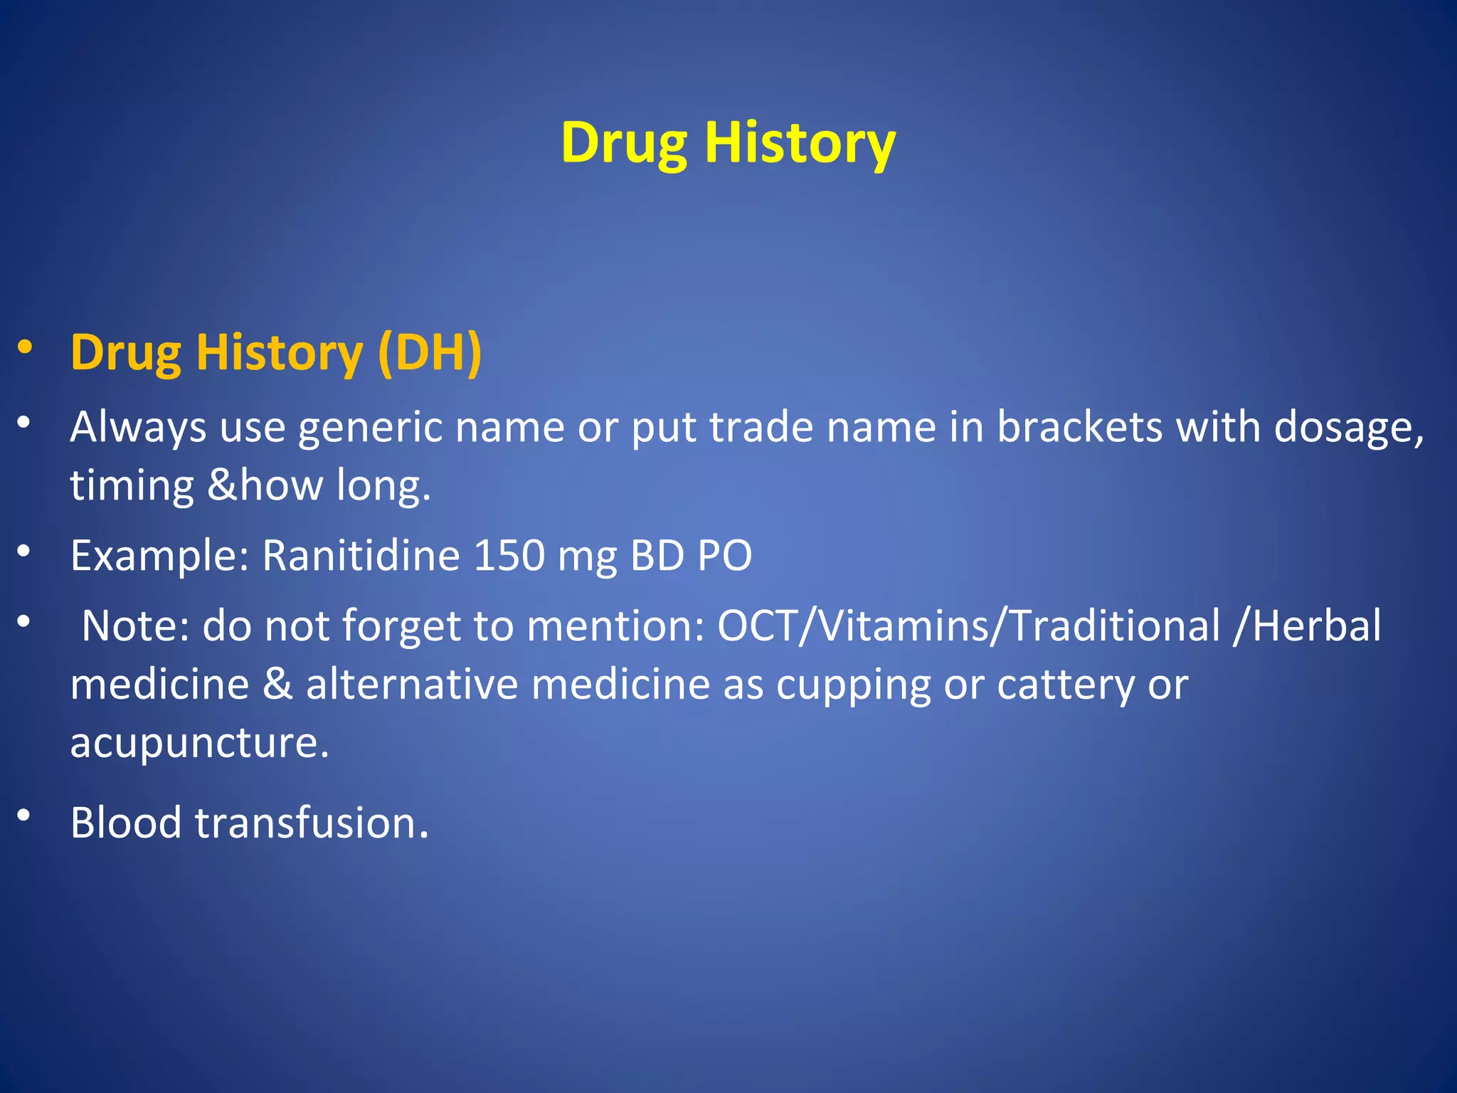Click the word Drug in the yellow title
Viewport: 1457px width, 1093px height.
(623, 144)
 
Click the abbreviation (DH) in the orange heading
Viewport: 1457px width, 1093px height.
(430, 353)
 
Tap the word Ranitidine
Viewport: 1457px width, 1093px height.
(361, 556)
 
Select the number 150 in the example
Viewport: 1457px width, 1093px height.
(509, 556)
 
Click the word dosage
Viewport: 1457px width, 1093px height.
(1348, 428)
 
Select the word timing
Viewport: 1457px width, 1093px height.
(132, 486)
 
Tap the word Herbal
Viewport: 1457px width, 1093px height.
(1316, 626)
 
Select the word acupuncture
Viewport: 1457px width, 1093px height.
(199, 744)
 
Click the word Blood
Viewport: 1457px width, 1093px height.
(126, 823)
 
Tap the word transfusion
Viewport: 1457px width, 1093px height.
(312, 823)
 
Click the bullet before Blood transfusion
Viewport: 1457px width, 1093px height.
(24, 815)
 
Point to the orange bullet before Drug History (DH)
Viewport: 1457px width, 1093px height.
(25, 347)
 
